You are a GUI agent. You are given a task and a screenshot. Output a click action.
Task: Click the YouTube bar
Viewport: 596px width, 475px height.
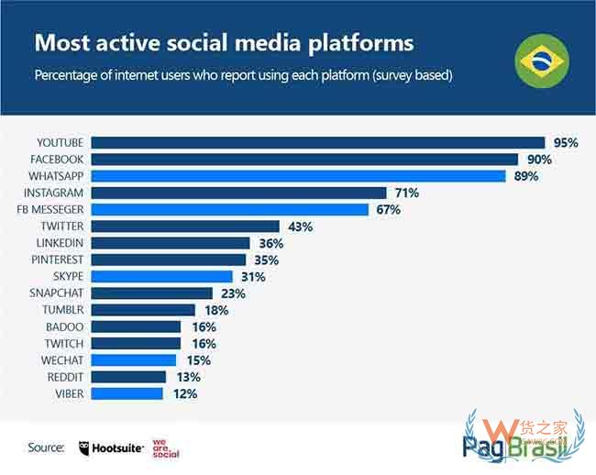pos(318,142)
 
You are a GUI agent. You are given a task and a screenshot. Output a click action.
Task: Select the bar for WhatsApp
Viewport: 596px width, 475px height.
pos(298,176)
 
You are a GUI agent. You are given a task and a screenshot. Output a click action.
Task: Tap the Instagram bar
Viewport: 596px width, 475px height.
pos(238,193)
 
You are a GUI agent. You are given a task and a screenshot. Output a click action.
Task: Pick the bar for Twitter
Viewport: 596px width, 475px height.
pos(185,226)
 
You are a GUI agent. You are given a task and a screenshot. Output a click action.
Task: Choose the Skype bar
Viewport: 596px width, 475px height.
pos(161,276)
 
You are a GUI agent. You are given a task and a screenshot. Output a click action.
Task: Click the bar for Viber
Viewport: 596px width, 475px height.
pos(127,393)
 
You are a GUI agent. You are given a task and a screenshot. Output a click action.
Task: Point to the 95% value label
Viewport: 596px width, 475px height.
pos(566,142)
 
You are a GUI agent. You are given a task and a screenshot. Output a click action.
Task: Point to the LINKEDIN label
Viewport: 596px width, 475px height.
pos(60,242)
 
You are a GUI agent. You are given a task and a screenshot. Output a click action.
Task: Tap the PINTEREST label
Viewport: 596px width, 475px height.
pos(58,260)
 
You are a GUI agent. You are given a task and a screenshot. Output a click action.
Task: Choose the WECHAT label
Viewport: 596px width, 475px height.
pos(63,360)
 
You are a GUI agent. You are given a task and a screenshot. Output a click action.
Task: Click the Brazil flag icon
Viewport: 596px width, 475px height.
pos(542,61)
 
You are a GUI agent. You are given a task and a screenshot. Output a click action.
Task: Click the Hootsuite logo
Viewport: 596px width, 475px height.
pos(112,447)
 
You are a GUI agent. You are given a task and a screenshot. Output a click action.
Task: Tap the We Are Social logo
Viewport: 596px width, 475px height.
pos(165,447)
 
